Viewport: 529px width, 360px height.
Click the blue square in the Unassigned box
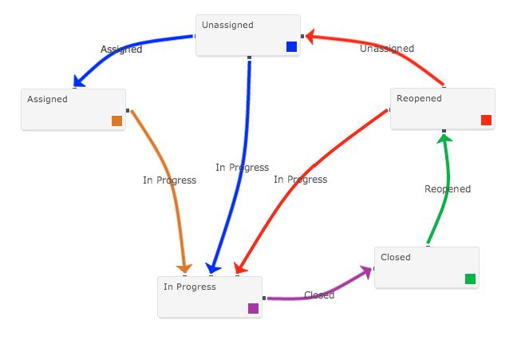coord(291,47)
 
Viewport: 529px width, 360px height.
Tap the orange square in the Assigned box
coord(117,121)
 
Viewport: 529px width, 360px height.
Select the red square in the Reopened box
coord(487,121)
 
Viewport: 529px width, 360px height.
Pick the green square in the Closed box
coord(470,279)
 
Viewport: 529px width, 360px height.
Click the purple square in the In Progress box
coord(253,309)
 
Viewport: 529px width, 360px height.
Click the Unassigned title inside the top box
coord(227,25)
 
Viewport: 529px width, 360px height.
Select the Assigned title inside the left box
coord(47,99)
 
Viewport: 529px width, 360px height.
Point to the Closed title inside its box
coord(396,257)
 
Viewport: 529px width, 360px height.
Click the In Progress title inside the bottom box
coord(190,287)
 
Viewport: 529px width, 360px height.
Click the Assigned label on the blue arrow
coord(121,49)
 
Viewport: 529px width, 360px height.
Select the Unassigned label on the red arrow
coord(387,49)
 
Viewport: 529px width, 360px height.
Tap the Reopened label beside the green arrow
coord(448,189)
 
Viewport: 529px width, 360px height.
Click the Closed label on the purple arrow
coord(319,295)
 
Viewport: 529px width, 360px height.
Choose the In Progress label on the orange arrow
coord(169,180)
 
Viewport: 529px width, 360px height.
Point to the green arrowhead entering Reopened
coord(444,139)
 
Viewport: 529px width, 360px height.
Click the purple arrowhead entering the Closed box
coord(368,271)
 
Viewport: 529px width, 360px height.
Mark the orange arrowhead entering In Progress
coord(185,269)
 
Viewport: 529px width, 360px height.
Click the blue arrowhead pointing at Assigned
coord(78,81)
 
